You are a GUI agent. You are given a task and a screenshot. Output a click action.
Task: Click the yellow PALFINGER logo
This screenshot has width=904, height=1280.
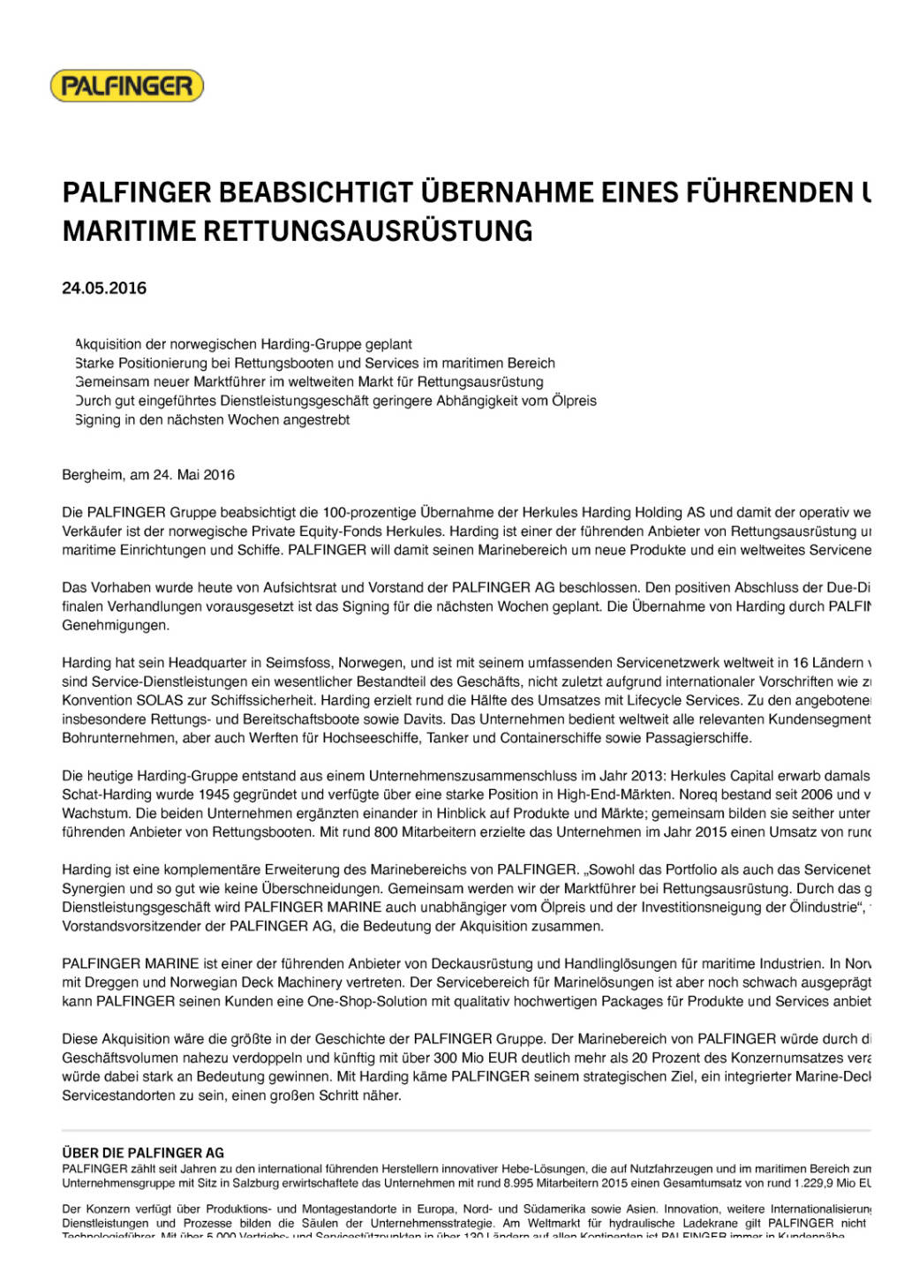pos(127,86)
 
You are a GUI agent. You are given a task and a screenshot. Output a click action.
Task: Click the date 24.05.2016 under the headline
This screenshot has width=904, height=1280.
pos(104,288)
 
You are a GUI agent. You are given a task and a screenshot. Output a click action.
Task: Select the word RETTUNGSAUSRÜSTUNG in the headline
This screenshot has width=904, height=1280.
pos(368,230)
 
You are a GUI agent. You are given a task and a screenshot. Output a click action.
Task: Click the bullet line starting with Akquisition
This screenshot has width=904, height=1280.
pos(244,344)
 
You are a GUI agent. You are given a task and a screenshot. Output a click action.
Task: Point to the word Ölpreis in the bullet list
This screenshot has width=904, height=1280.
pos(574,401)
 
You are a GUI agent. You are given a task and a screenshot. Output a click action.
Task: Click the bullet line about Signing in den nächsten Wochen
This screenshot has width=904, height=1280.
pos(213,420)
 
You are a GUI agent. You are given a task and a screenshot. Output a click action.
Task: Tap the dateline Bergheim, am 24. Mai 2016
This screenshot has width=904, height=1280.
pos(148,475)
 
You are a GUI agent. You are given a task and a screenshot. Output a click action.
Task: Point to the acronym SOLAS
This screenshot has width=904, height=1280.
pos(160,700)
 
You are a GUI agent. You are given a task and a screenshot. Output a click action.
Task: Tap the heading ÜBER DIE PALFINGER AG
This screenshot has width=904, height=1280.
pos(143,1152)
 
